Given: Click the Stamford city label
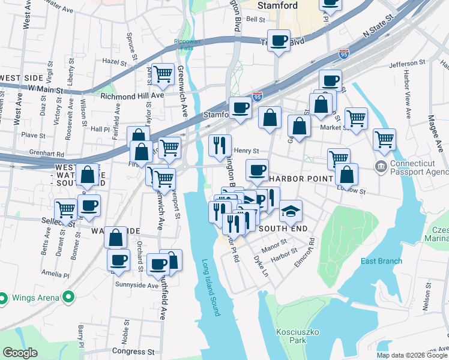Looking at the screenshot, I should pos(277,5).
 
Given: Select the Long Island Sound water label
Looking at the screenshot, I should pos(211,287).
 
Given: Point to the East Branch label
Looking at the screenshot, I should pos(381,260).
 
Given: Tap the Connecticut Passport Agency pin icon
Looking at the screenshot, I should pos(379,165).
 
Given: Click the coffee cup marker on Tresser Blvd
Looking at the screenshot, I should pos(278,41).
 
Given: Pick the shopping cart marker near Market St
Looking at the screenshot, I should pos(356,118).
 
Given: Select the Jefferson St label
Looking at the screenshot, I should pos(411,64).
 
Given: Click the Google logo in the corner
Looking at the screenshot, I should pos(20,353).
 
